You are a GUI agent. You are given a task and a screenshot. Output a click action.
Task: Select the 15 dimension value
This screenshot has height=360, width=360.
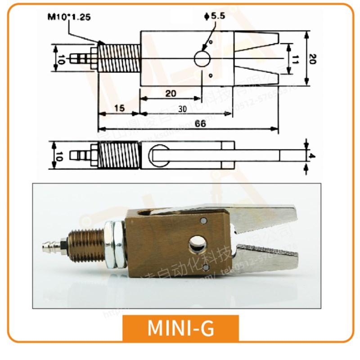119,108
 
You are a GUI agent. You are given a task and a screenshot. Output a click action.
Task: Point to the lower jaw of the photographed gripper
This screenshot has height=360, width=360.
270,257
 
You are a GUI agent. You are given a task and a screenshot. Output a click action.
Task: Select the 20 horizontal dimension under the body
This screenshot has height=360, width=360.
170,93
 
